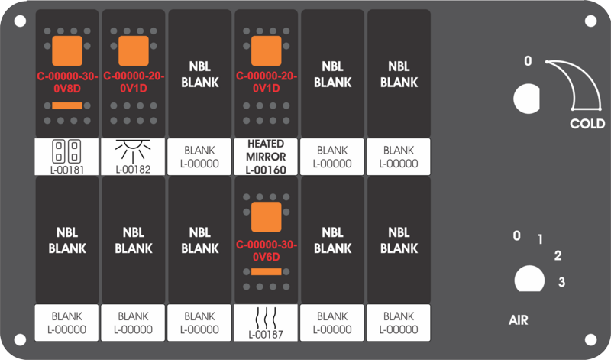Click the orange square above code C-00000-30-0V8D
point(67,50)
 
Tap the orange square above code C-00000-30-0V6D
point(266,217)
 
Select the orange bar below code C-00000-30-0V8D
point(67,105)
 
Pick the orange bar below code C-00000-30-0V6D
point(266,272)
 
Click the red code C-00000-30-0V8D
point(67,83)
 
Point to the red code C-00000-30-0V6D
point(266,251)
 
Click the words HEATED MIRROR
point(266,150)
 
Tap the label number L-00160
point(266,170)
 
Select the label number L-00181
point(67,170)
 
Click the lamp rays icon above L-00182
point(133,151)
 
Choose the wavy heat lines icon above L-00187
point(266,318)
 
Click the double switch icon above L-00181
point(66,151)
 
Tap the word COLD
point(587,124)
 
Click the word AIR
point(519,320)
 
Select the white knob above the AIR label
point(529,279)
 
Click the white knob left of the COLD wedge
point(526,99)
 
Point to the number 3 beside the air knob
point(561,281)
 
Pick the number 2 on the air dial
point(558,255)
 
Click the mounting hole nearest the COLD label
point(590,21)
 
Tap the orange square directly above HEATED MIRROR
point(266,50)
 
